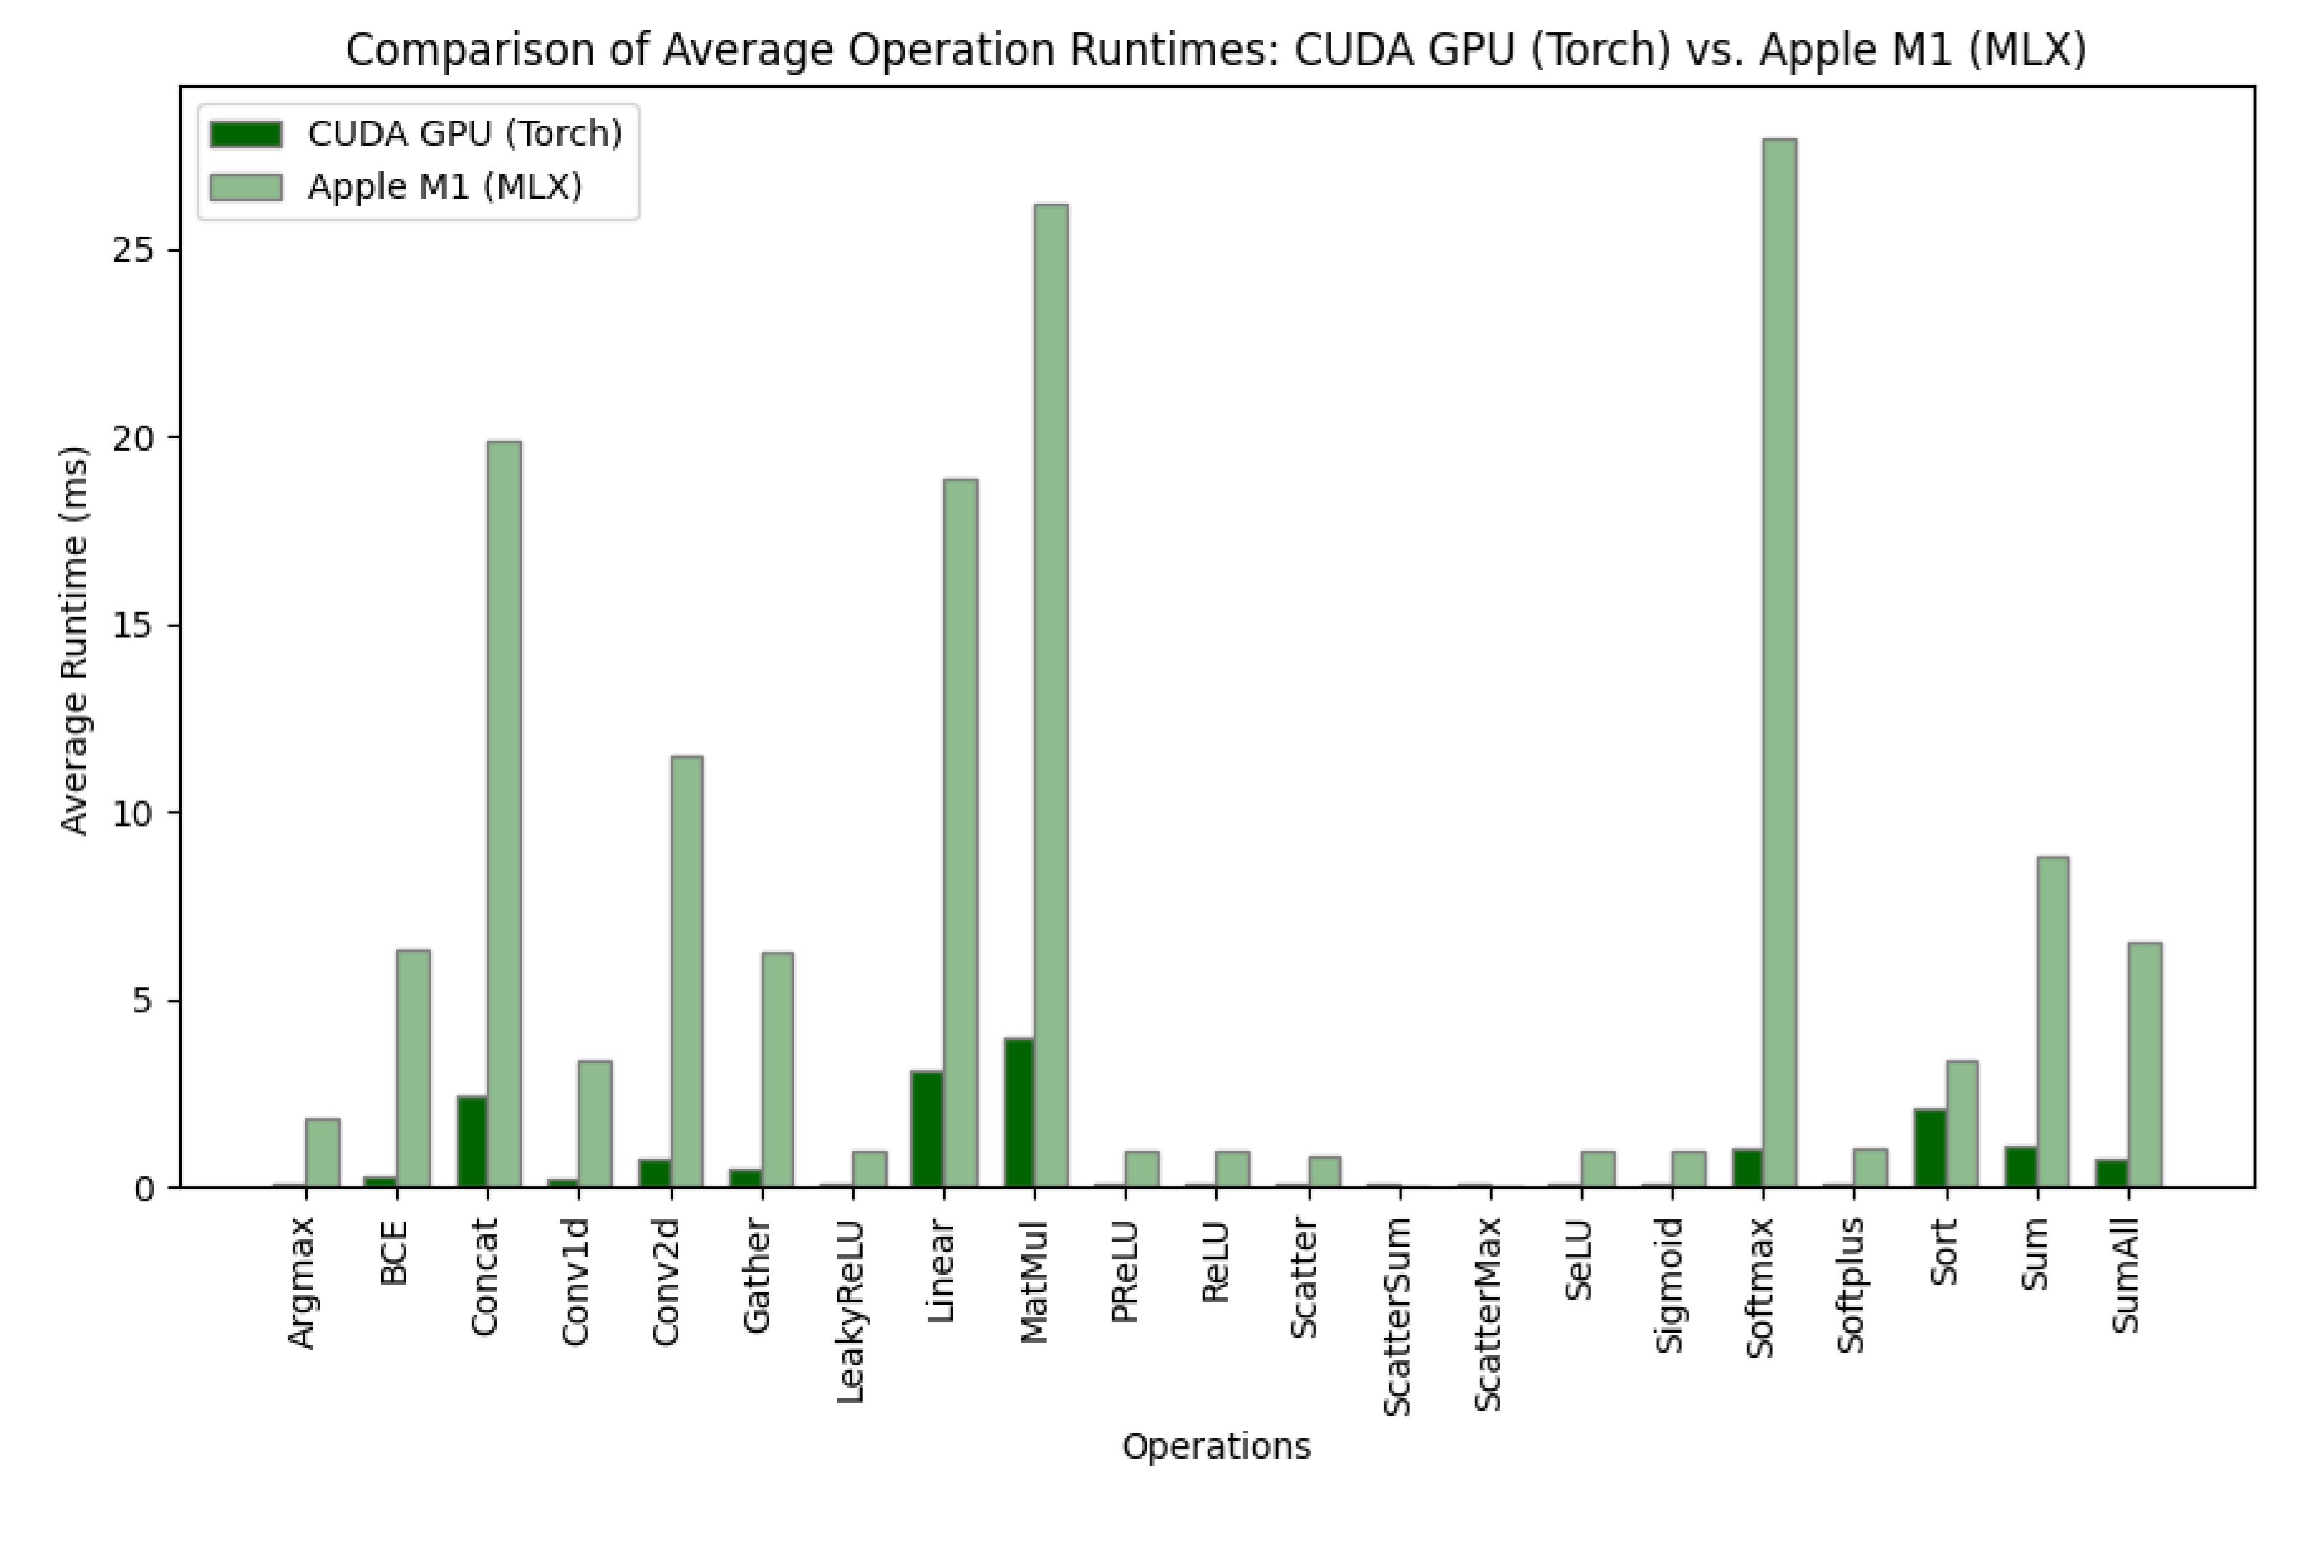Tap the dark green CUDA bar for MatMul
1018,1112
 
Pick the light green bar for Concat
504,813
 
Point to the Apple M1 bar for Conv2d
686,972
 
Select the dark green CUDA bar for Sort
1929,1148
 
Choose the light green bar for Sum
2052,1022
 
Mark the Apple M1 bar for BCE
412,1068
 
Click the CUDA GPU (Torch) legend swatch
246,134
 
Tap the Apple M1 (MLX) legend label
444,186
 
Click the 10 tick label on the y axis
137,813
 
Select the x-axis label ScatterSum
1396,1317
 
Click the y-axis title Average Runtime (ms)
74,640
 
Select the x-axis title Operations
1216,1447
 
